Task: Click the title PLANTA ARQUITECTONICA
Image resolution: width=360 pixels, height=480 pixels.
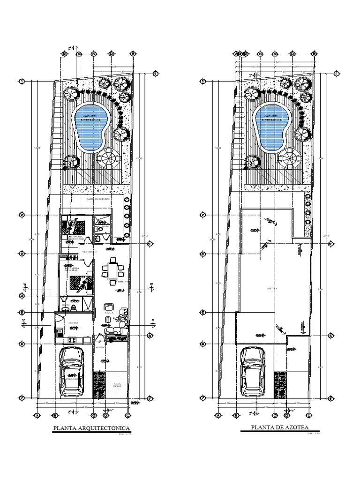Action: click(91, 427)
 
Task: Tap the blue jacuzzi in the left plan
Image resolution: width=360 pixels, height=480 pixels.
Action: click(92, 126)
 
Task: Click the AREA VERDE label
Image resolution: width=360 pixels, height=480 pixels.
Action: click(117, 385)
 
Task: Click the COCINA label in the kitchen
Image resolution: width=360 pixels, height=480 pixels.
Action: click(73, 323)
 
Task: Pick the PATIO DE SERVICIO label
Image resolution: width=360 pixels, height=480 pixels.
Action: click(99, 199)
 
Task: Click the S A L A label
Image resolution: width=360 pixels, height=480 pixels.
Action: click(109, 311)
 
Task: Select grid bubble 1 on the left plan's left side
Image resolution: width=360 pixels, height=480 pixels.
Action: click(22, 81)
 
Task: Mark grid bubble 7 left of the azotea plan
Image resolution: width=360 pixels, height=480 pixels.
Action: click(203, 398)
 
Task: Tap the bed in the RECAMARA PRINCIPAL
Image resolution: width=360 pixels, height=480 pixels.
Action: click(77, 284)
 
